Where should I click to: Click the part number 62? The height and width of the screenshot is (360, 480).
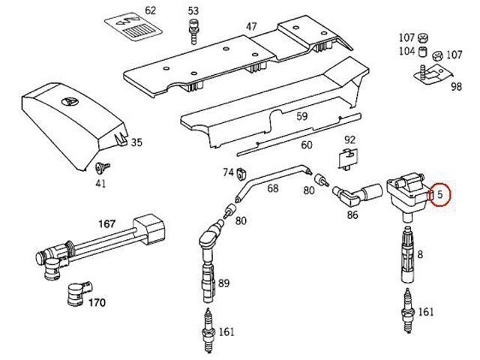[150, 10]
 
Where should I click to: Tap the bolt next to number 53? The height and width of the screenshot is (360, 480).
[193, 31]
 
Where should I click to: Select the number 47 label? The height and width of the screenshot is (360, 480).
[250, 27]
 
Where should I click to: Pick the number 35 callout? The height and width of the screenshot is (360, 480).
[136, 142]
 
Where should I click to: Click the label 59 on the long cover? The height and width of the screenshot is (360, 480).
[302, 116]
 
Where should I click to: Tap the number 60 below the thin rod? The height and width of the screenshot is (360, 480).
[306, 145]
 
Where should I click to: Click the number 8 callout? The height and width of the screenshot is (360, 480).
[420, 255]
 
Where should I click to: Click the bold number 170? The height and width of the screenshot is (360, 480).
[97, 303]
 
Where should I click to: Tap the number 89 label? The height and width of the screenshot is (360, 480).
[223, 283]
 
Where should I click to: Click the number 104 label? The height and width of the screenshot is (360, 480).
[406, 52]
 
